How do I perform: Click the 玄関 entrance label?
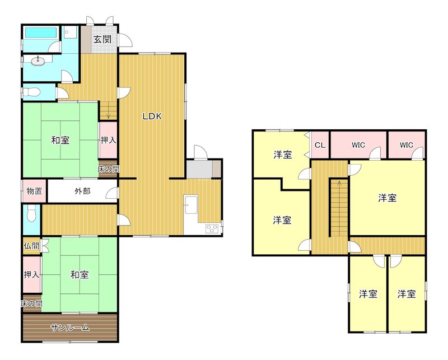(x=101, y=40)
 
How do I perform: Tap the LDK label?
(x=152, y=117)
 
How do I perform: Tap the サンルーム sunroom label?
(x=69, y=328)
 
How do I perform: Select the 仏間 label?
(x=31, y=246)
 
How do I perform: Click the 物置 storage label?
(x=34, y=191)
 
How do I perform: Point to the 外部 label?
(x=82, y=191)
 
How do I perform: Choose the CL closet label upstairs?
(x=320, y=146)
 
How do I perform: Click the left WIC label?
(x=358, y=146)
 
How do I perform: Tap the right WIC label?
(x=407, y=146)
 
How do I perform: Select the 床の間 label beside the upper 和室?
(x=108, y=169)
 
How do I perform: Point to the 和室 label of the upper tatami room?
(x=60, y=141)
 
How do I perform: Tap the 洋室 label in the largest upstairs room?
(x=387, y=198)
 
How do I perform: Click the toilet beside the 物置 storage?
(x=31, y=213)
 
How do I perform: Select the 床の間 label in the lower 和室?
(x=31, y=303)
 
